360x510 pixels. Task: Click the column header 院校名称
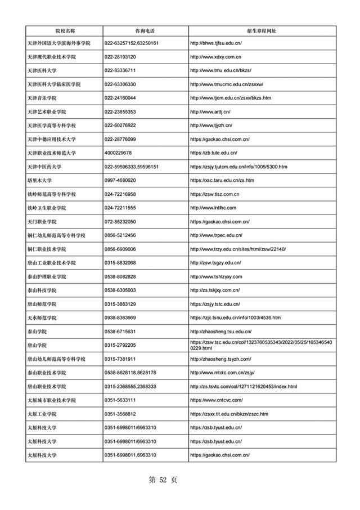pos(64,30)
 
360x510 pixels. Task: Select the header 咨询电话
pos(145,30)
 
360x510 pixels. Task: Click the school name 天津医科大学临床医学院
pos(54,84)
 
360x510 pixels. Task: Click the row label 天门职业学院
pos(43,222)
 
